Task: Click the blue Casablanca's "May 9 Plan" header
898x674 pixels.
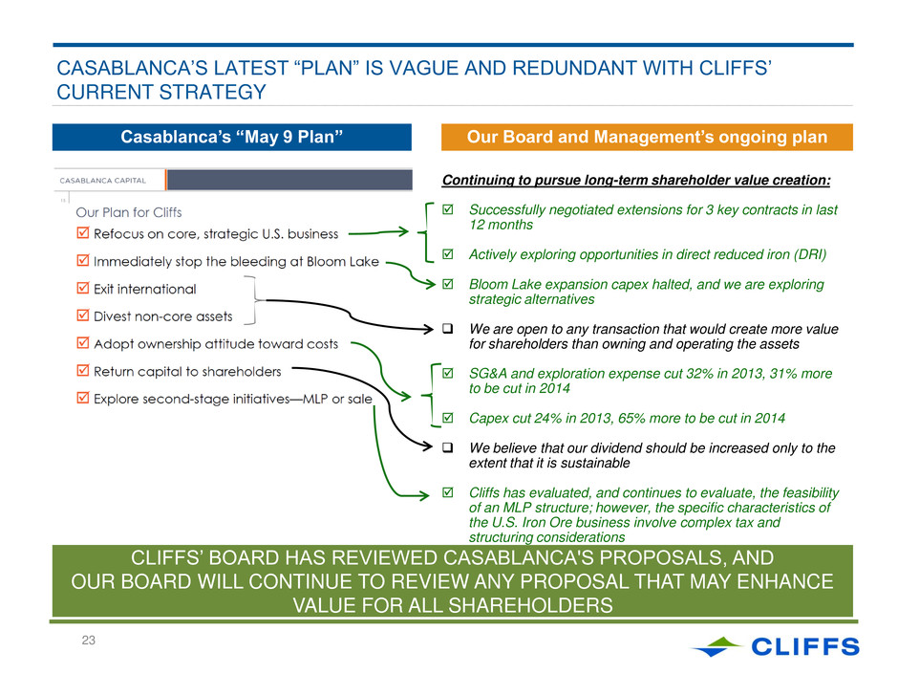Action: point(232,137)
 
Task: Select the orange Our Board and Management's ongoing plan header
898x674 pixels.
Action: point(647,137)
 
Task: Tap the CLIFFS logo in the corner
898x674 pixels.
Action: point(776,646)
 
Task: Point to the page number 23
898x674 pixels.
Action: point(88,641)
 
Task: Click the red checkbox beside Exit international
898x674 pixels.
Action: point(83,288)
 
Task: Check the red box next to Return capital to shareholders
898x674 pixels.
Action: point(83,370)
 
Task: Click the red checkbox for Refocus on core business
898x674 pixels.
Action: point(83,232)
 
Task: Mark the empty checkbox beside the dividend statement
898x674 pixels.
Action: point(448,447)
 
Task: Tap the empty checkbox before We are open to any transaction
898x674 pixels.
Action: point(448,329)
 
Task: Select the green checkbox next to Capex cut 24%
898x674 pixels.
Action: point(448,418)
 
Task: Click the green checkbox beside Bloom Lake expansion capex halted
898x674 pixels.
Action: point(448,284)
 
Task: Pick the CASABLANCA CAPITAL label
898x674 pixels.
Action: point(103,181)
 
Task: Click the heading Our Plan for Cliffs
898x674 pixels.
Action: point(129,212)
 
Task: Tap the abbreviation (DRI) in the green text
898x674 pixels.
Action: point(810,254)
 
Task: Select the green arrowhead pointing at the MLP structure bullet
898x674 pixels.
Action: point(424,495)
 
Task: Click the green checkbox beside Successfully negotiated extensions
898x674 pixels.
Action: point(448,209)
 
